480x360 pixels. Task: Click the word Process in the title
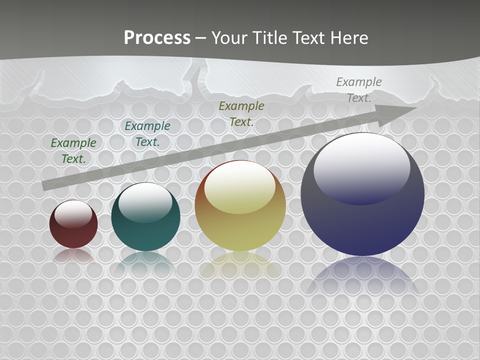tap(157, 37)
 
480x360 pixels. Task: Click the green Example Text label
tap(73, 150)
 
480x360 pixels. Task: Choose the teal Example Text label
tap(147, 133)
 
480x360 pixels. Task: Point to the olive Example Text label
tap(241, 113)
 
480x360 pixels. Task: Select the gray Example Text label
tap(359, 89)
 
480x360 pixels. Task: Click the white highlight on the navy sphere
tap(361, 165)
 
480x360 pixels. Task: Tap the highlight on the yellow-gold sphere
tap(240, 187)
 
